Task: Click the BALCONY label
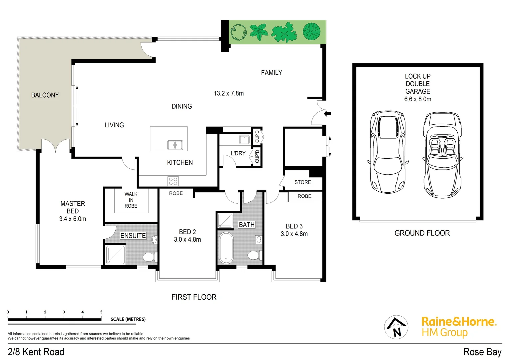click(x=45, y=95)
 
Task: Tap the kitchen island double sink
click(x=175, y=145)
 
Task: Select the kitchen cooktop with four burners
click(x=173, y=181)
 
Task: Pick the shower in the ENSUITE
click(x=115, y=255)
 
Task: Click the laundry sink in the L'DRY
click(x=244, y=139)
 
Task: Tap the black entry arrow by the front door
click(x=328, y=114)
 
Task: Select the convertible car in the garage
click(x=442, y=155)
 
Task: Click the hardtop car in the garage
click(x=388, y=152)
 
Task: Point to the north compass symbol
click(x=396, y=327)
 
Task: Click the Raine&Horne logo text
click(x=459, y=322)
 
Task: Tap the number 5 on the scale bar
click(x=101, y=312)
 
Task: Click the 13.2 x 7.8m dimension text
click(x=229, y=94)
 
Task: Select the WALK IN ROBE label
click(x=131, y=200)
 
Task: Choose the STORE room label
click(x=302, y=182)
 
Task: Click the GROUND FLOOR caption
click(x=422, y=233)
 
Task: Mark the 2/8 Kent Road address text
click(x=36, y=352)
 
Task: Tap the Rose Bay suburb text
click(x=482, y=352)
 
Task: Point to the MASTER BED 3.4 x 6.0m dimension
click(x=73, y=219)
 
